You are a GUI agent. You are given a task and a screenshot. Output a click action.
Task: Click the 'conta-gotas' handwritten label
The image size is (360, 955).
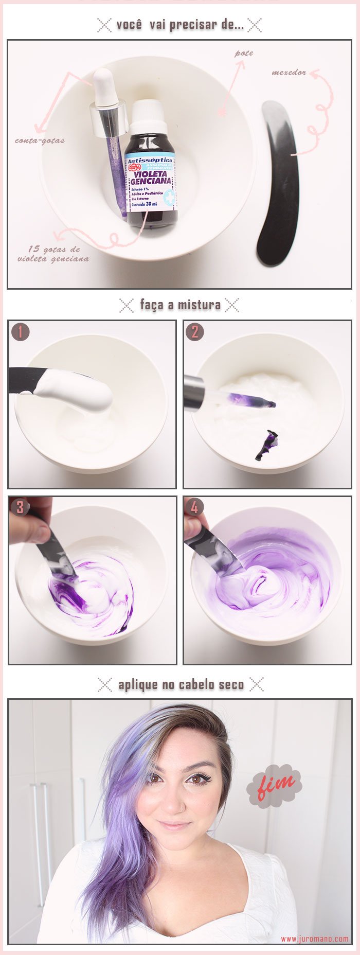coord(40,140)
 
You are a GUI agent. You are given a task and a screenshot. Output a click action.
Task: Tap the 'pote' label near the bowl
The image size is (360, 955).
coord(244,53)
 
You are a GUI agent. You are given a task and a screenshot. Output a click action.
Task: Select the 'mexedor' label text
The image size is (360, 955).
coord(289,73)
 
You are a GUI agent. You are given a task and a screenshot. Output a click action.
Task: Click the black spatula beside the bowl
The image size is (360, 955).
coord(278,183)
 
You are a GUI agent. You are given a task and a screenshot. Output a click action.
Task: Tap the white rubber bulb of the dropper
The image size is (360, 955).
coord(104,85)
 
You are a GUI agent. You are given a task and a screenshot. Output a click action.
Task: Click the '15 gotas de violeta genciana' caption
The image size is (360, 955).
coord(53,254)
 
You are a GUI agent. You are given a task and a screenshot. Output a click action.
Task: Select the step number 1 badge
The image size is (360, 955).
coord(20,332)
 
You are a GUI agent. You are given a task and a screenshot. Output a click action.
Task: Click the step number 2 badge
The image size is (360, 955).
coord(194,332)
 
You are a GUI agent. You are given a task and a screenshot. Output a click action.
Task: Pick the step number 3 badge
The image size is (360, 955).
coord(20,507)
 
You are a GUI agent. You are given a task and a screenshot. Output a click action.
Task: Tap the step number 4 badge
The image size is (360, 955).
coord(194,507)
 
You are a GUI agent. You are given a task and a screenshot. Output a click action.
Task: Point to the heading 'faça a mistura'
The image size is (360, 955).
coord(180,305)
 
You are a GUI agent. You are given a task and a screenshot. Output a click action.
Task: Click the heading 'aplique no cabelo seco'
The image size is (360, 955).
coord(181,684)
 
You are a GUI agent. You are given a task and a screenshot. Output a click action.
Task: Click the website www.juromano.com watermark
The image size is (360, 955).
coord(314,939)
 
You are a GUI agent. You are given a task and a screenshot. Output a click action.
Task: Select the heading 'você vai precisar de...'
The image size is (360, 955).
coord(180,25)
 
